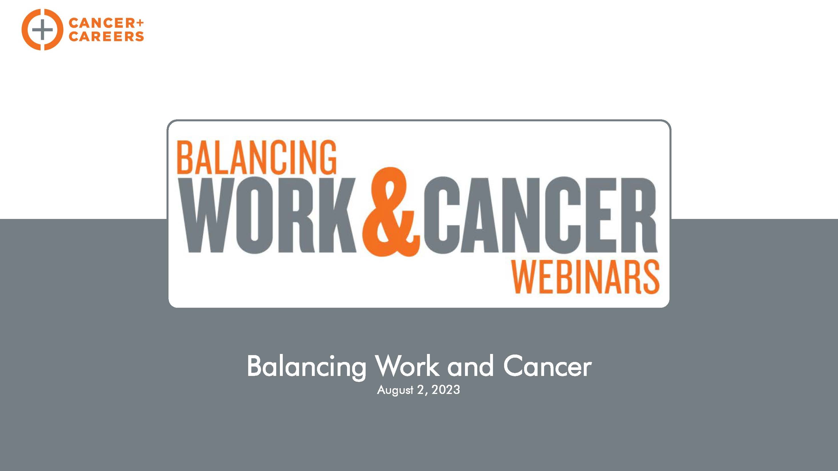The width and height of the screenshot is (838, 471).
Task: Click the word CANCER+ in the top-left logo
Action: click(x=106, y=23)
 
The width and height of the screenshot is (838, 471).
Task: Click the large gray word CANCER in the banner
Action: click(x=540, y=215)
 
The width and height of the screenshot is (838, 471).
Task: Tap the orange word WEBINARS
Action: click(x=585, y=277)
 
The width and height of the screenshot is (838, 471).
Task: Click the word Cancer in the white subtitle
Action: click(x=548, y=366)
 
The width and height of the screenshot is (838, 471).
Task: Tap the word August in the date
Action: click(x=395, y=390)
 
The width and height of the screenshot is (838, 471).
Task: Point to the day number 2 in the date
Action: click(x=421, y=389)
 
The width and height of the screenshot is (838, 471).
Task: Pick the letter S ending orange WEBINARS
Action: click(x=649, y=277)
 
